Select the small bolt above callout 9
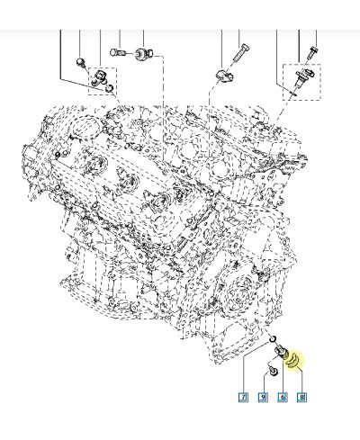(x=269, y=370)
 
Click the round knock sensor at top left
(x=142, y=55)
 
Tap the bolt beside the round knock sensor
(x=119, y=51)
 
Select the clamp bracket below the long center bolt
(x=226, y=73)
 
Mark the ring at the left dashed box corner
(x=109, y=89)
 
